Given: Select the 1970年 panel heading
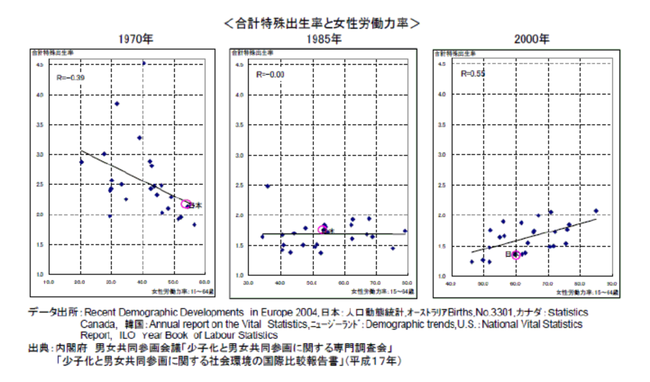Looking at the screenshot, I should click(135, 39).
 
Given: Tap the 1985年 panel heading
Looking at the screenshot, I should click(324, 39).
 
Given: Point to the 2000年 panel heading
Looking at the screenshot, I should click(531, 39).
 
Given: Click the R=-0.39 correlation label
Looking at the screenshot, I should click(70, 77).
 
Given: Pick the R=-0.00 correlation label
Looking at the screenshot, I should click(270, 74).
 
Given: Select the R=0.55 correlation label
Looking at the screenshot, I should click(472, 73).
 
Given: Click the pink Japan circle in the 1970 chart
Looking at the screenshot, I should click(186, 204).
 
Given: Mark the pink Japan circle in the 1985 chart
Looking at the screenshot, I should click(323, 230).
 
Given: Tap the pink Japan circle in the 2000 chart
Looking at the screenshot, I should click(516, 255).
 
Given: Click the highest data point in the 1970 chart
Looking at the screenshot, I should click(144, 63).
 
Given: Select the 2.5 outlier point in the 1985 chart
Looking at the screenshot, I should click(267, 186).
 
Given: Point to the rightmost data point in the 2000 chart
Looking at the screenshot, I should click(596, 211).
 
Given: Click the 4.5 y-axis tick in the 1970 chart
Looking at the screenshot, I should click(40, 65).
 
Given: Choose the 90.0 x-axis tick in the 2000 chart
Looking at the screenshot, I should click(611, 284).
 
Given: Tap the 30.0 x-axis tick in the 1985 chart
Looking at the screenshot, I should click(248, 283).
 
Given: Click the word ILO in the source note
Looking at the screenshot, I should click(127, 335).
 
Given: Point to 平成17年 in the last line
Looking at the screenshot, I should click(372, 361).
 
